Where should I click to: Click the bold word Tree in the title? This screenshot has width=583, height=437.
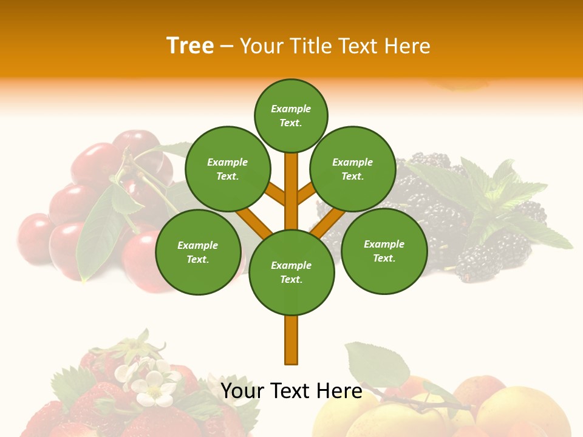coord(190,46)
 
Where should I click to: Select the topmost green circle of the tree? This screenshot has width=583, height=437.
coord(291,115)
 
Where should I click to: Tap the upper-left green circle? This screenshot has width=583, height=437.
coord(228,169)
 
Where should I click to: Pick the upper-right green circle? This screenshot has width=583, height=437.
coord(353,169)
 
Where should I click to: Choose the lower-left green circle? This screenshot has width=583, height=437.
coord(198,252)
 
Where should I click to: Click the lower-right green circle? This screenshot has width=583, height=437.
coord(384,251)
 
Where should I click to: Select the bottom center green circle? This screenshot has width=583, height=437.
coord(291,273)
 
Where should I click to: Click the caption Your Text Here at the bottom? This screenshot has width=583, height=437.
coord(291,391)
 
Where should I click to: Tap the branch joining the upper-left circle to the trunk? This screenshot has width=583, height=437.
coord(276,194)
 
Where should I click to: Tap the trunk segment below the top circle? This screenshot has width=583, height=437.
coord(291,182)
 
